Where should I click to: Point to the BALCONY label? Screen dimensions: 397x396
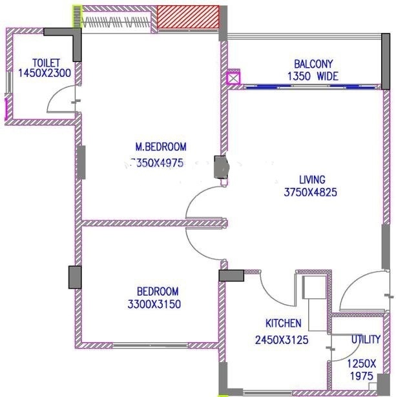pos(313,65)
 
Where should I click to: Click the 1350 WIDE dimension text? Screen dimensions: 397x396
pos(313,76)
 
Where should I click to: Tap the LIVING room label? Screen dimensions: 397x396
pos(312,179)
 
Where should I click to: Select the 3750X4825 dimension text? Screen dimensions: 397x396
pos(311,192)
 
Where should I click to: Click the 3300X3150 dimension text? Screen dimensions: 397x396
pos(157,303)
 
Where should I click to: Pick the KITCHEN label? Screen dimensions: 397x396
pos(283,323)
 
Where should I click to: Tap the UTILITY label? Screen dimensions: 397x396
pos(366,340)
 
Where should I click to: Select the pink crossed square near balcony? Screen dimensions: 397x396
pos(233,78)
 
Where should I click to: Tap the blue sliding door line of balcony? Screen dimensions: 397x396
pos(310,85)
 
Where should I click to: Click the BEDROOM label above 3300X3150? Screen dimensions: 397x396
pos(157,291)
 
